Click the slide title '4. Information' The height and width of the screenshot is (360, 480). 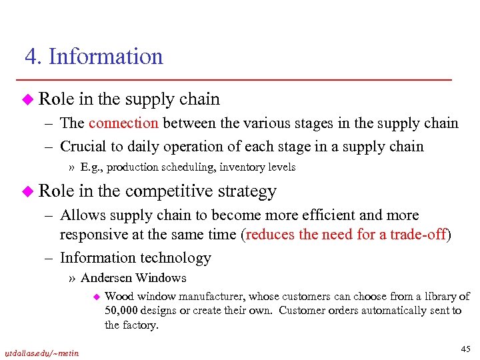94,57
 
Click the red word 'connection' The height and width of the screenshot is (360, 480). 123,123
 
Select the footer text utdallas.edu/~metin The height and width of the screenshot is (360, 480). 42,353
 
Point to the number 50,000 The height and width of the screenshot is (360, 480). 121,311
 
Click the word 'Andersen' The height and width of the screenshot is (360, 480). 107,278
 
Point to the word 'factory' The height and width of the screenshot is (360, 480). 141,325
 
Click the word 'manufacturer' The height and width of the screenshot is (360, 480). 210,296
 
